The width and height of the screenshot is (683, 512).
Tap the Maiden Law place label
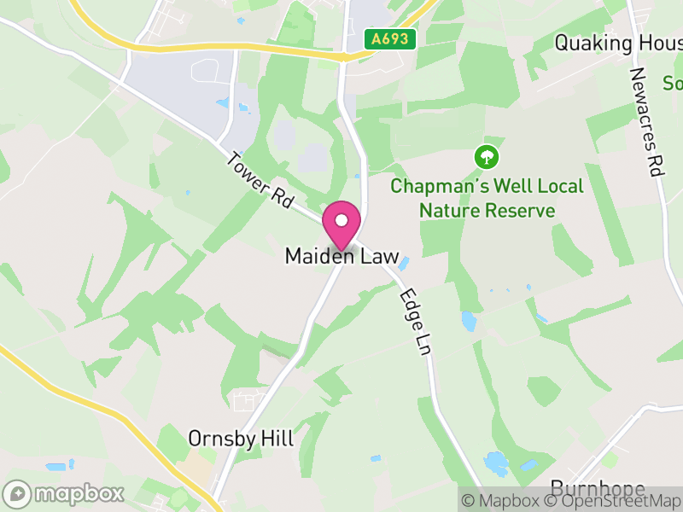[341, 257]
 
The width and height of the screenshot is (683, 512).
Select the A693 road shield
[390, 39]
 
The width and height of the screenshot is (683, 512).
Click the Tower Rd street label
[260, 181]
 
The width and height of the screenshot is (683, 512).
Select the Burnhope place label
[598, 489]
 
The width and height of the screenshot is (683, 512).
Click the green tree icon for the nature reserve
[486, 157]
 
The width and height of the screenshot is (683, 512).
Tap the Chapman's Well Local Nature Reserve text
[487, 198]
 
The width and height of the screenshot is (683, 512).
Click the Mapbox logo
[64, 493]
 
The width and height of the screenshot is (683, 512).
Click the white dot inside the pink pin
[341, 220]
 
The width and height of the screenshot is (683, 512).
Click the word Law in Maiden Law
[380, 257]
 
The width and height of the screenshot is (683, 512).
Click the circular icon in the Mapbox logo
[18, 493]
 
